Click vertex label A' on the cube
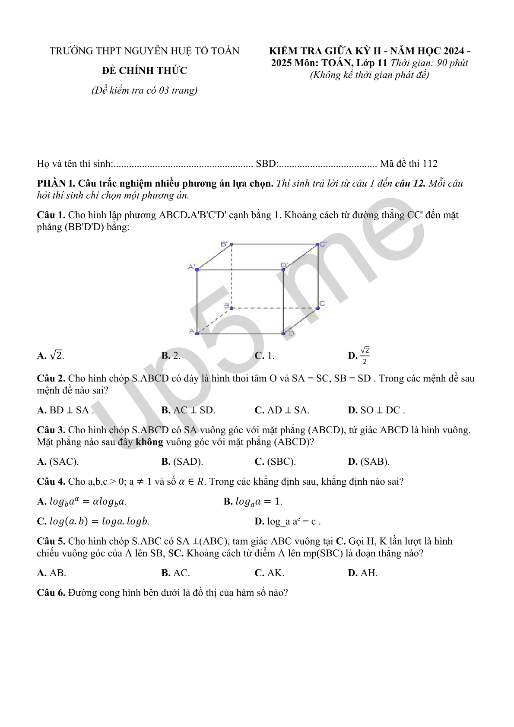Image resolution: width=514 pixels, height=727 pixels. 191,267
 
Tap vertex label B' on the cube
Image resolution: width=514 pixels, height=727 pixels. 224,244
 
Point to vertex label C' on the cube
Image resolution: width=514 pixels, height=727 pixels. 323,244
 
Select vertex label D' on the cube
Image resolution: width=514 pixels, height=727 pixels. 284,265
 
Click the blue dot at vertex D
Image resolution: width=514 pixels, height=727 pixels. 283,333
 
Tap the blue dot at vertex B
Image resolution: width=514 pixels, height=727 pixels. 232,308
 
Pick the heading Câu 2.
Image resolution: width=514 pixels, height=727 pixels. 51,378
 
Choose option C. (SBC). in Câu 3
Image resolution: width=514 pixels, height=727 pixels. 275,462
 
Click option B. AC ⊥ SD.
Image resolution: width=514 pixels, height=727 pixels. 188,410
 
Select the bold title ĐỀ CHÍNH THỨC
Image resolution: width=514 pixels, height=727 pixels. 145,70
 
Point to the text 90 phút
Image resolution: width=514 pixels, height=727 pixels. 452,63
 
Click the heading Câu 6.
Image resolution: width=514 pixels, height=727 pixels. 51,593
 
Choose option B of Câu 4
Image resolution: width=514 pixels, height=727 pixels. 253,502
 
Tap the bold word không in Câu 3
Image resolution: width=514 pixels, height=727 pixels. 149,442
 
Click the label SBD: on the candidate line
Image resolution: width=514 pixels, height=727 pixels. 267,164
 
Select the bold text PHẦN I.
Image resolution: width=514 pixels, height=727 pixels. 56,183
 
